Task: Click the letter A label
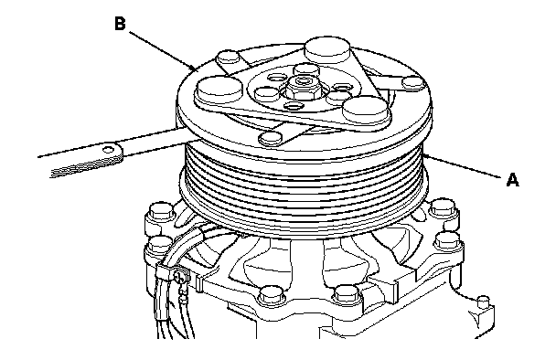click(x=513, y=180)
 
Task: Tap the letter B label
click(x=120, y=24)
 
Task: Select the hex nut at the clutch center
click(x=303, y=88)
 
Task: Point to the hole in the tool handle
click(x=107, y=149)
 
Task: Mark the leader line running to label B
click(x=161, y=50)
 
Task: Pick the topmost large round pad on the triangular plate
click(x=327, y=48)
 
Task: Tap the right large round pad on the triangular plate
click(x=367, y=109)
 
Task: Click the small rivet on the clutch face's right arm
click(x=413, y=83)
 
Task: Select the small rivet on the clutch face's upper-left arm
click(x=228, y=57)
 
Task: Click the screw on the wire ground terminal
click(x=179, y=275)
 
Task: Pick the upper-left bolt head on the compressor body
click(x=161, y=211)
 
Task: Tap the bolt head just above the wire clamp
click(x=159, y=245)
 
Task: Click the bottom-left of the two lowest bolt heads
click(x=272, y=295)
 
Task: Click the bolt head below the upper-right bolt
click(x=448, y=241)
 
